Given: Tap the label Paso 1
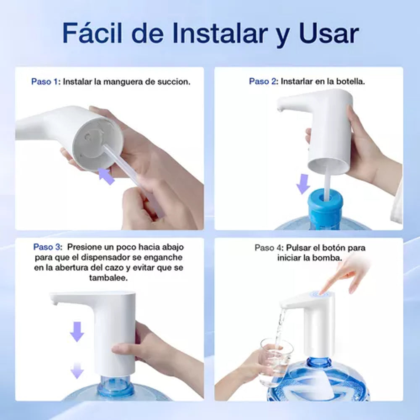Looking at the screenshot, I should tap(46, 81).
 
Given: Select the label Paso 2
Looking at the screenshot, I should tap(263, 81).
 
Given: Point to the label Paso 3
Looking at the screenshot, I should tap(48, 247).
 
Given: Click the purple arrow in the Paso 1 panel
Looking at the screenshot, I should tap(106, 176).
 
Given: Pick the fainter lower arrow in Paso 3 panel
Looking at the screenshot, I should tap(77, 370).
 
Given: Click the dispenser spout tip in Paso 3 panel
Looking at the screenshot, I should tap(52, 302).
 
